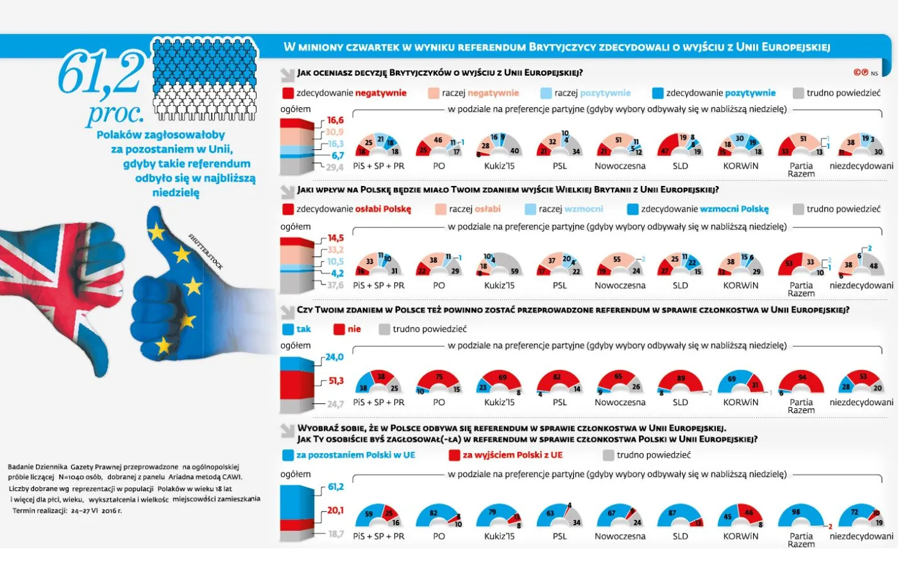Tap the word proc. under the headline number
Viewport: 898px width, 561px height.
115,113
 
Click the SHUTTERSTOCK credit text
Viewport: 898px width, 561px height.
205,251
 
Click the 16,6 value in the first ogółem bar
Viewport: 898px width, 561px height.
335,120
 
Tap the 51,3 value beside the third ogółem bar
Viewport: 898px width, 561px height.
335,381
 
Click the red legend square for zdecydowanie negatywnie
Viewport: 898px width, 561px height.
288,93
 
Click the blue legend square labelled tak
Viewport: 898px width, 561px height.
288,330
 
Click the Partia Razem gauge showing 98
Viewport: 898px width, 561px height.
801,517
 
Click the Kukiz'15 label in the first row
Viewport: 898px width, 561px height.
499,166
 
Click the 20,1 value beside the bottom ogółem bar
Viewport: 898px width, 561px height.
335,510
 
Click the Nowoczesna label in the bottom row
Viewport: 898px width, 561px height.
620,536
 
